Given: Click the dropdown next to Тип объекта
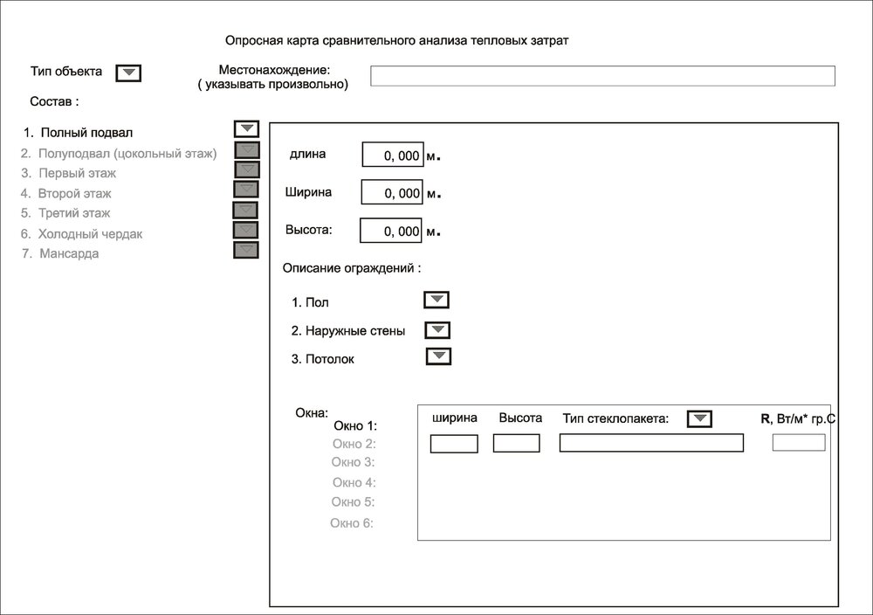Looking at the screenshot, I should tap(128, 73).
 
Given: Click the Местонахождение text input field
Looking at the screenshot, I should tap(602, 76).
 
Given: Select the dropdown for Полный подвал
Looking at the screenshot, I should tap(247, 128).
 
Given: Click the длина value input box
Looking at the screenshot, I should tap(393, 155).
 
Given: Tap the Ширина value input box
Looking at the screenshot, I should tap(392, 192).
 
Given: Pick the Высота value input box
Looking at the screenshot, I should tap(392, 231).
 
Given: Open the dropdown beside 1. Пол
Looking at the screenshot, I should tap(436, 301).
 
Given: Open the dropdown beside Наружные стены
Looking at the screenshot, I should tap(436, 329).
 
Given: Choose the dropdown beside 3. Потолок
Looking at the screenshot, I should tap(438, 356).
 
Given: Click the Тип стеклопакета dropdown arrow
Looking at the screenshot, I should tap(699, 419).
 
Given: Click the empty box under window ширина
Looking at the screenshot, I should tap(454, 444).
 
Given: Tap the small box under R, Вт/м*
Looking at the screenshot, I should tap(798, 443).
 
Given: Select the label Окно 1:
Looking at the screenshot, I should tap(355, 426).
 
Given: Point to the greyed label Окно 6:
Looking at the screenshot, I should tap(352, 523).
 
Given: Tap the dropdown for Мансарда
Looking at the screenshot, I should tap(246, 250).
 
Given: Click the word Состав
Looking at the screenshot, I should tap(54, 101).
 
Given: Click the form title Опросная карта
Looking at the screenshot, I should tap(397, 40).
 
